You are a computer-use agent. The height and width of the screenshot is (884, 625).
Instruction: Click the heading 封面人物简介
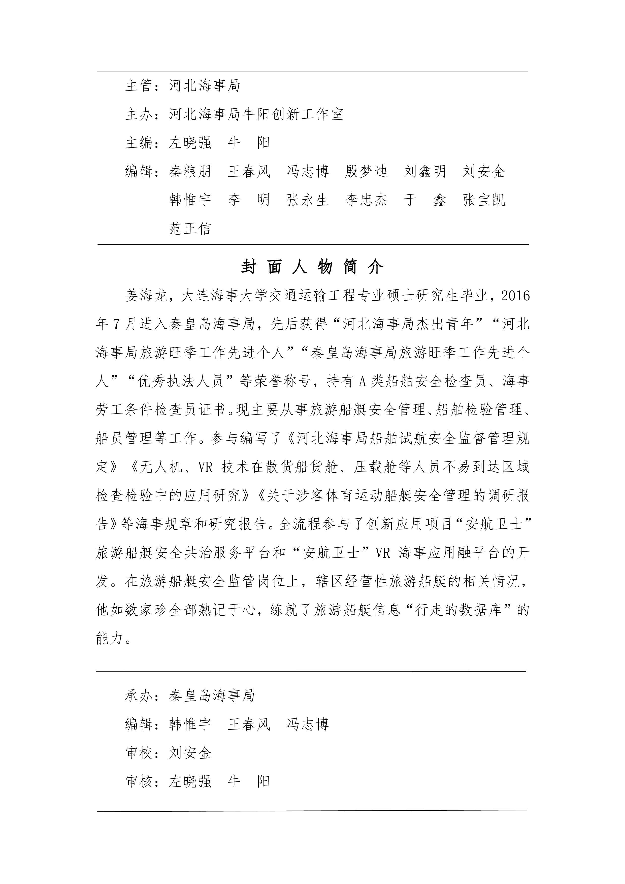click(312, 267)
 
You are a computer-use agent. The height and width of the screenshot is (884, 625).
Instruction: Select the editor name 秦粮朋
click(190, 171)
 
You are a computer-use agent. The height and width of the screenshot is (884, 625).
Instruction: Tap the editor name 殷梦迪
click(366, 171)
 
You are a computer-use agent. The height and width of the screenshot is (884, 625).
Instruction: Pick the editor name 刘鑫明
click(425, 171)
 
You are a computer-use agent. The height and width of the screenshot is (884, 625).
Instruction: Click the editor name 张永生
click(307, 200)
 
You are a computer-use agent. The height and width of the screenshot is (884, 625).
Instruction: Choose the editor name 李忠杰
click(366, 200)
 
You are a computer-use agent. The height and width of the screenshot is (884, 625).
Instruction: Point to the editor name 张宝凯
click(484, 200)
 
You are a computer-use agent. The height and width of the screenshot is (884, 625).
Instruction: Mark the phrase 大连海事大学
click(223, 296)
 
